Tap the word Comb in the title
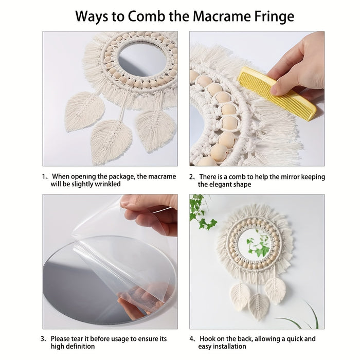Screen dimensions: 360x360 click(x=147, y=16)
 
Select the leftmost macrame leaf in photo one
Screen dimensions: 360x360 click(x=84, y=111)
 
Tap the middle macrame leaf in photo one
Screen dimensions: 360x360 click(x=111, y=141)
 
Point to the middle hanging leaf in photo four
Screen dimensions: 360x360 click(x=259, y=307)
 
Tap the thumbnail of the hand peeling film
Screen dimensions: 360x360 click(x=127, y=202)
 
